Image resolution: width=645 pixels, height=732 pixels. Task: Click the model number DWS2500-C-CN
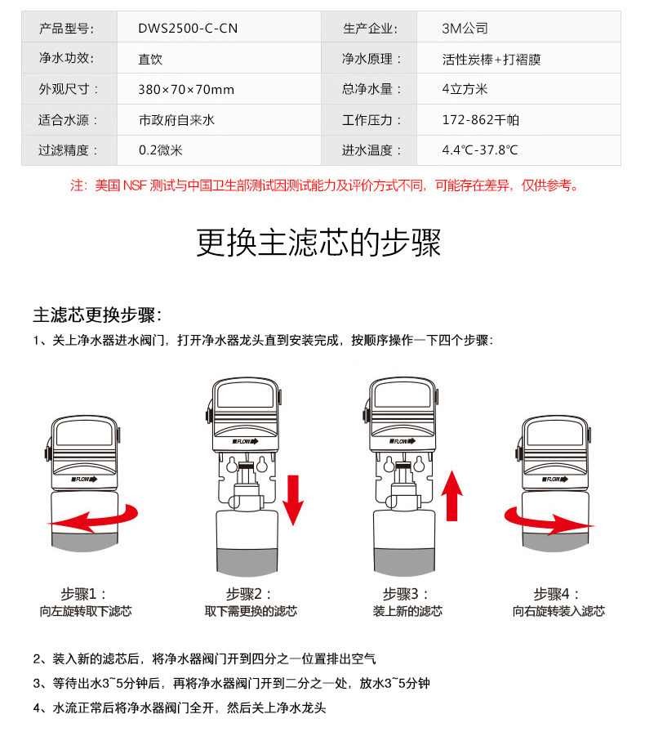(x=188, y=29)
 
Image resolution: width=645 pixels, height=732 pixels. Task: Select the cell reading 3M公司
(x=465, y=29)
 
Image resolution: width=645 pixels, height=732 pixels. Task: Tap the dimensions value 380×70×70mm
(x=186, y=89)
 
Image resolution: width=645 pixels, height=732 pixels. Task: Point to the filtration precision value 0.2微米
(x=161, y=150)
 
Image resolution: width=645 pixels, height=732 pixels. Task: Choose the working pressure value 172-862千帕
(x=481, y=120)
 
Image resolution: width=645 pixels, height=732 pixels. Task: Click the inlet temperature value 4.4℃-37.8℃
(x=480, y=150)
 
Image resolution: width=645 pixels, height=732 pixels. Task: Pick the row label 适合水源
(x=68, y=120)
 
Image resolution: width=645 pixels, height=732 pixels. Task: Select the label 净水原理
(x=371, y=59)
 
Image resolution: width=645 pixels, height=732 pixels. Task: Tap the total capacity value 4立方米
(x=465, y=89)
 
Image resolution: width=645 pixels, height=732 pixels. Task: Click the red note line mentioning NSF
(x=324, y=185)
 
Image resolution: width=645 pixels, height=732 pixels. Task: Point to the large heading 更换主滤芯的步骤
(x=318, y=243)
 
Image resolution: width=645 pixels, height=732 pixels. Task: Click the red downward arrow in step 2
(x=293, y=500)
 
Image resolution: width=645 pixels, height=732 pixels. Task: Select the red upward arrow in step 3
(x=451, y=495)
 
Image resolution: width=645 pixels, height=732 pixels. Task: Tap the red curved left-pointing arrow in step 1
(x=93, y=518)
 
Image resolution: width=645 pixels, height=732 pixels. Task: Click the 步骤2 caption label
(x=249, y=594)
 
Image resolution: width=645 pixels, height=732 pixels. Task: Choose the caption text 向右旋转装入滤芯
(x=558, y=611)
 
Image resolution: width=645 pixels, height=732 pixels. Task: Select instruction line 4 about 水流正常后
(x=180, y=707)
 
